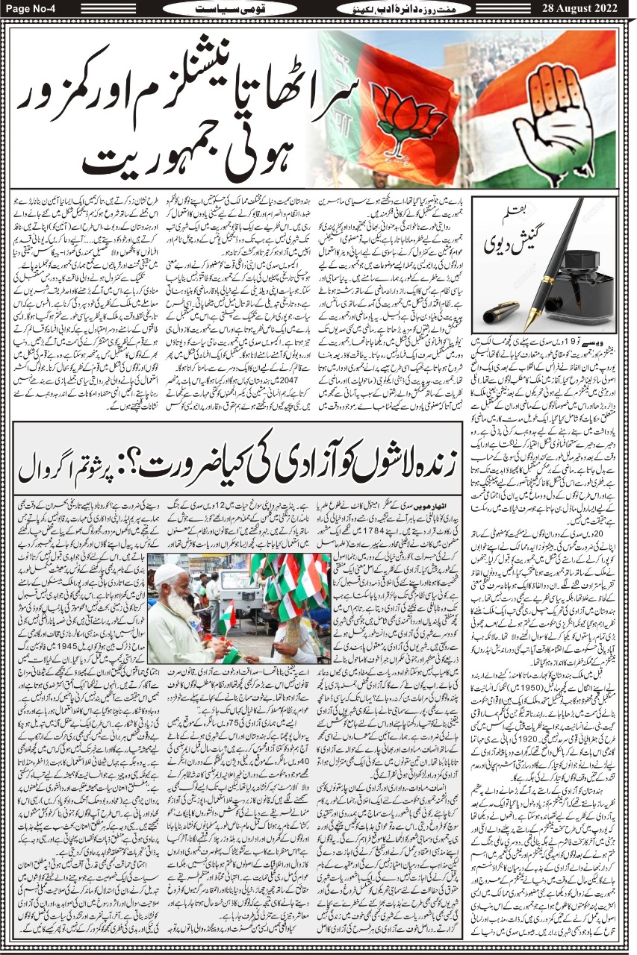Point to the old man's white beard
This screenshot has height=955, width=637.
coord(176,604)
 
